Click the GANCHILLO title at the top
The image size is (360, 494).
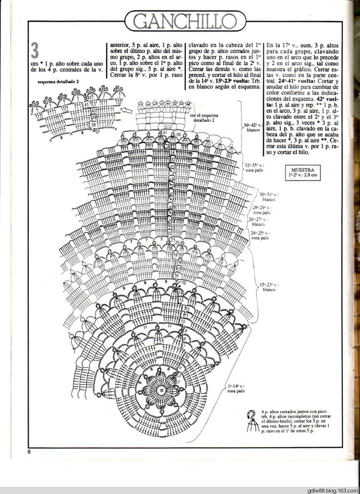click(185, 22)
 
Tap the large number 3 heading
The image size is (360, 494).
click(35, 51)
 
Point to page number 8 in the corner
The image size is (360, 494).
click(29, 451)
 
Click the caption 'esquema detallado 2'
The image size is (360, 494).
click(58, 82)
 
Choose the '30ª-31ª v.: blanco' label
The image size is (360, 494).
click(269, 196)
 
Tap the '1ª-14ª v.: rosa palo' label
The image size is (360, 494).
click(236, 388)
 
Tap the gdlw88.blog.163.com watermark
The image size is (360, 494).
click(331, 490)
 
